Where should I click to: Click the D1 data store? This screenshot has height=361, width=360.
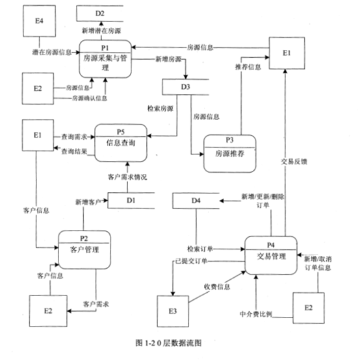[131, 201]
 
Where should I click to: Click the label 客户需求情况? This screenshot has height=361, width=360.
[127, 176]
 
